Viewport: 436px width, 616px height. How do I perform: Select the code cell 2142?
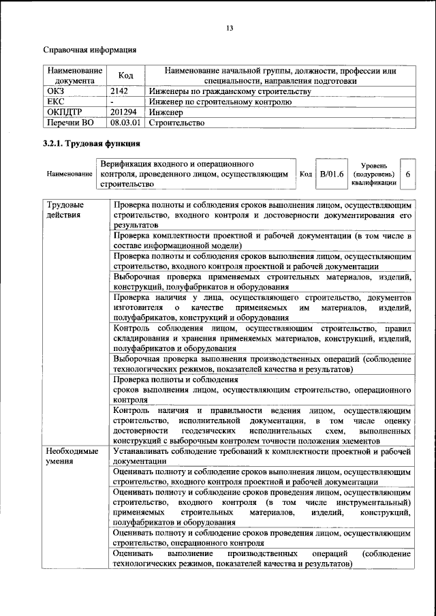[120, 91]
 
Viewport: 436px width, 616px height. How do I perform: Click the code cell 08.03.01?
[125, 123]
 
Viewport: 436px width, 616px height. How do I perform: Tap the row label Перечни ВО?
[70, 123]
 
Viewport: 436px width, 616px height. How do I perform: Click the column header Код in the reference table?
[125, 76]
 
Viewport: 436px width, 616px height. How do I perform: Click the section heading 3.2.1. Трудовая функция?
[92, 144]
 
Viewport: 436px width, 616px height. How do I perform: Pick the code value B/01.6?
[334, 174]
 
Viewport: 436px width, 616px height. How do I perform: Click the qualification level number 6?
[408, 174]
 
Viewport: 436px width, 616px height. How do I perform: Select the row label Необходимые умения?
[72, 456]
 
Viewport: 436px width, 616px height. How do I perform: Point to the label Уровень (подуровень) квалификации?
[374, 174]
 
